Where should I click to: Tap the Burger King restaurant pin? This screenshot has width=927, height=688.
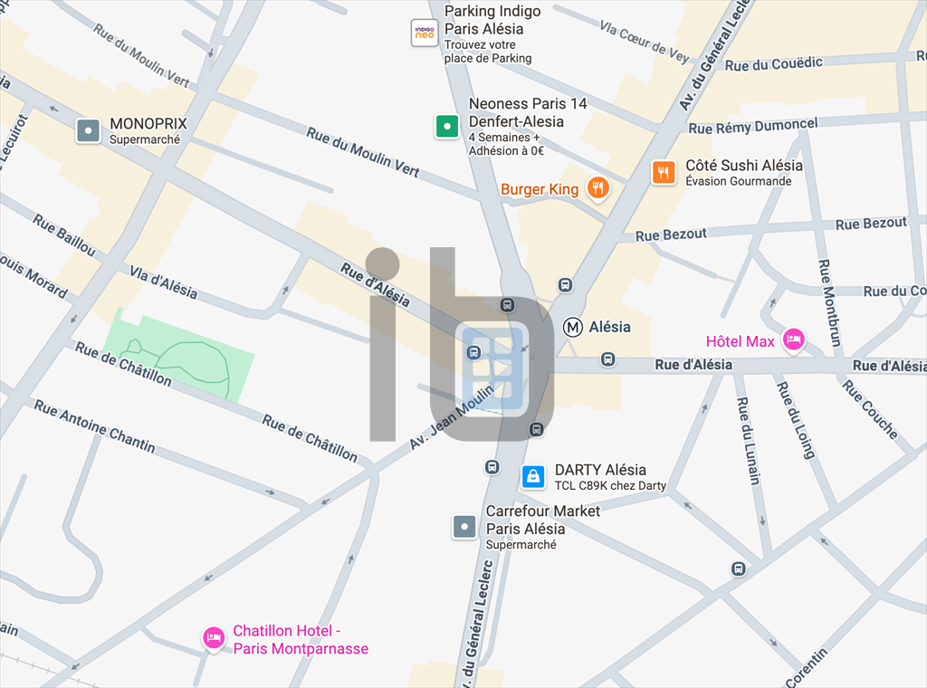(597, 188)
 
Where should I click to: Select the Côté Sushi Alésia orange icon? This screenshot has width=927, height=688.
(664, 172)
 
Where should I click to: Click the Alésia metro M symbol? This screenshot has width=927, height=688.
(572, 327)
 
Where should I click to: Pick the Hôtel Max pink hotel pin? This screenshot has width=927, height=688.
(794, 339)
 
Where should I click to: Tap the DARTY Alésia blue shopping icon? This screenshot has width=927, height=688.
(533, 476)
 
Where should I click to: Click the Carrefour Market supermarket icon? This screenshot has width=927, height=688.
(464, 526)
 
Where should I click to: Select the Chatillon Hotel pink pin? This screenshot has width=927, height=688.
(214, 638)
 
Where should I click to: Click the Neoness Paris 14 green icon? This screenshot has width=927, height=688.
(447, 126)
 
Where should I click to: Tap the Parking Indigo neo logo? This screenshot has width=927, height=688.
(425, 33)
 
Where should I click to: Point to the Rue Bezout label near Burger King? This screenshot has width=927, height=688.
(671, 234)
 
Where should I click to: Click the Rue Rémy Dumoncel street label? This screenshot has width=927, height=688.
(752, 127)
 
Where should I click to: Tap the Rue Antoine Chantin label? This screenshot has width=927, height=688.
(94, 426)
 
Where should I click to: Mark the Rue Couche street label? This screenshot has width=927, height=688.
(869, 409)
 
